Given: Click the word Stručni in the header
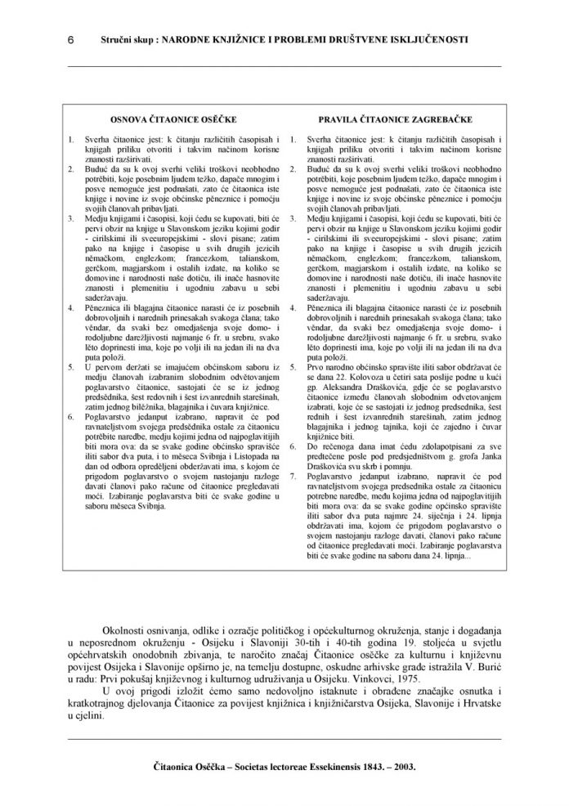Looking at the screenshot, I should click(116, 38).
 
